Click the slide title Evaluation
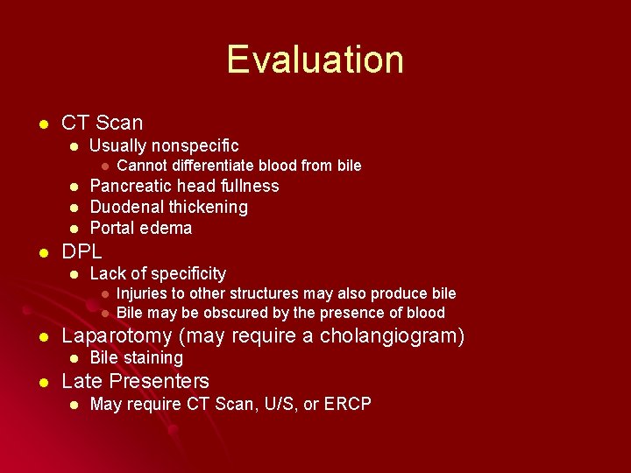click(315, 60)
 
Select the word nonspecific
click(195, 145)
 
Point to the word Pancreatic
click(130, 186)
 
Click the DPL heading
click(82, 251)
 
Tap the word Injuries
click(144, 293)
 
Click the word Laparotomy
click(117, 335)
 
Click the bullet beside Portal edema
click(74, 229)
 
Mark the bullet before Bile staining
click(74, 358)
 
